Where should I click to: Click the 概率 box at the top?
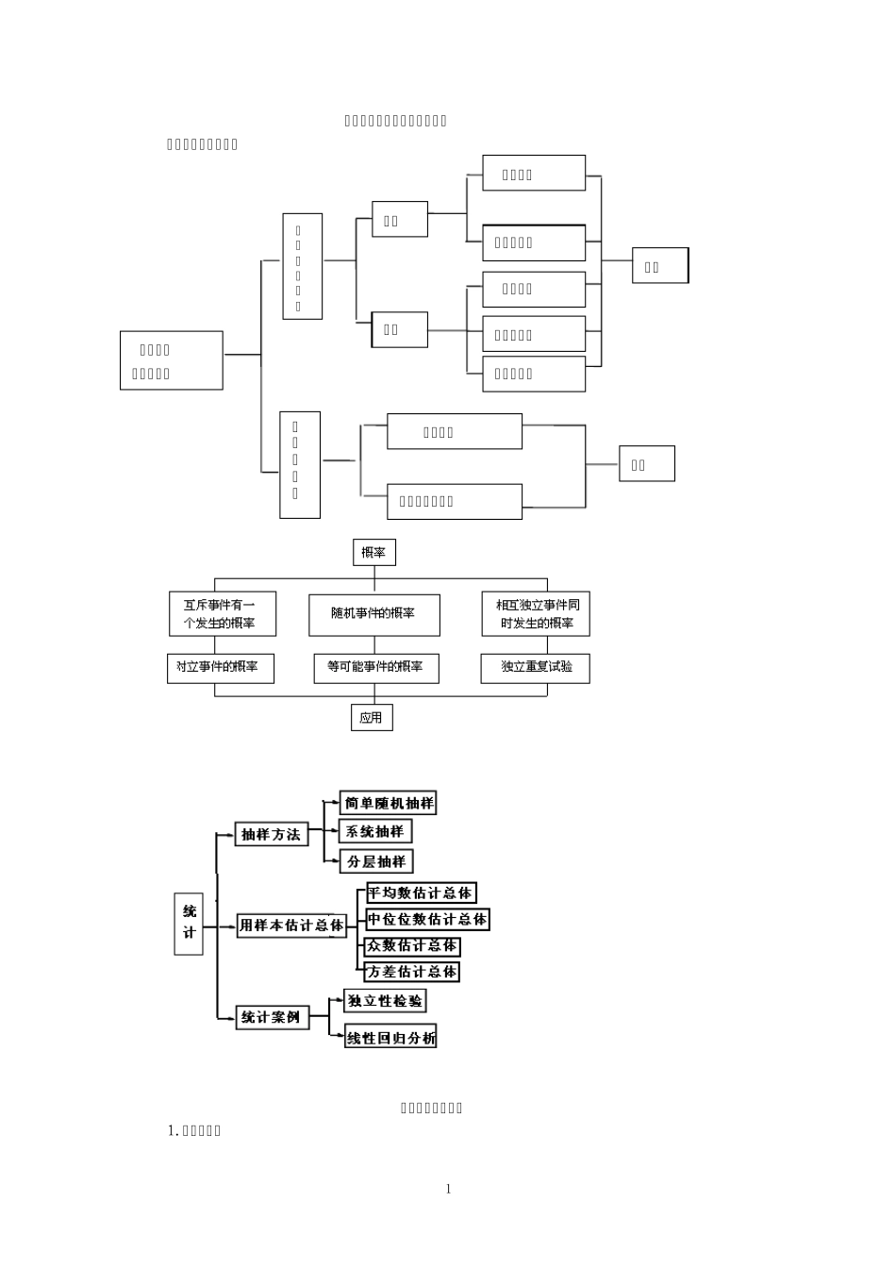373,552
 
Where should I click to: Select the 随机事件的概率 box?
373,613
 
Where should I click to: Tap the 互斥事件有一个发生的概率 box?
222,613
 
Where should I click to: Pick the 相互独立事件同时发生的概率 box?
536,613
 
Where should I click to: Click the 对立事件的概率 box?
220,667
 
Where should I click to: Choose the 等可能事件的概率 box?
375,667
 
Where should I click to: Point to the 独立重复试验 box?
535,667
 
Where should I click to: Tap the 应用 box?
371,718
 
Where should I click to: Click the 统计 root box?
189,923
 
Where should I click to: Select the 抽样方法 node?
272,834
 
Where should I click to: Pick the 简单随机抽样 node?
389,803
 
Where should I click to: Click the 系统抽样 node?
375,831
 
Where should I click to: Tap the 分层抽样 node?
376,861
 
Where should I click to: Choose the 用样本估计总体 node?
291,926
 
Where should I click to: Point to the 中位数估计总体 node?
427,919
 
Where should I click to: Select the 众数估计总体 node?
412,945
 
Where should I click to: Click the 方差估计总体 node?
412,972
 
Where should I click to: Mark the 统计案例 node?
272,1017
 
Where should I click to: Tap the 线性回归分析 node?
390,1038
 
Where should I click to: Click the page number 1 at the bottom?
448,1189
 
